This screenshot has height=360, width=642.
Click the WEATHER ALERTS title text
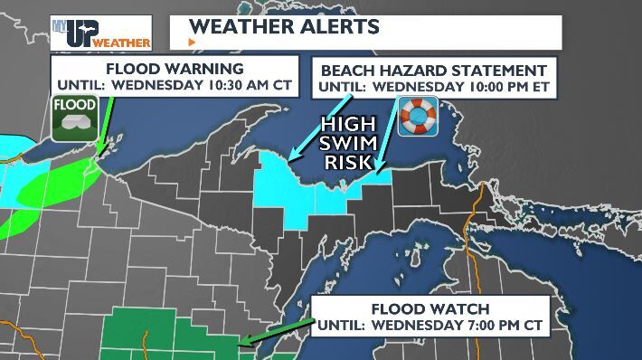pos(285,24)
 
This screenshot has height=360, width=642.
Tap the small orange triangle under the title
pos(191,43)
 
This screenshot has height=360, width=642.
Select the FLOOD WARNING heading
pos(175,69)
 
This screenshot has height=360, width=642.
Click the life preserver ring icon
pos(418,117)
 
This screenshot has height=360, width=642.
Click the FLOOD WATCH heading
pos(430,308)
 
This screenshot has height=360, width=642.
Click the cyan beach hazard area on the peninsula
pos(298,185)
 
